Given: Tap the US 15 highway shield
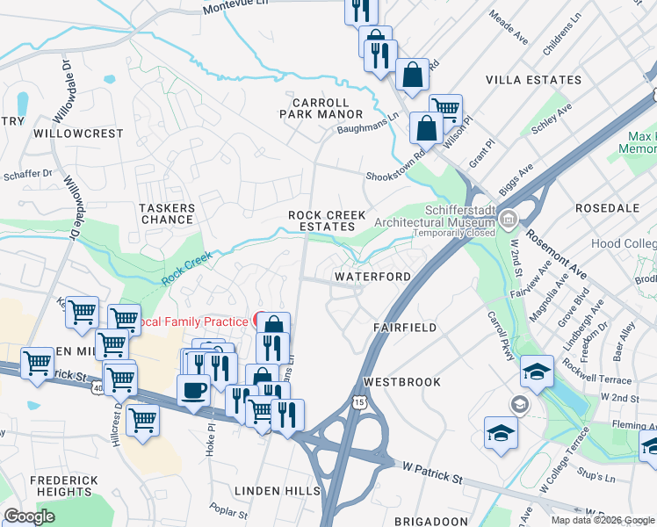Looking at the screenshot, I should [x=358, y=401].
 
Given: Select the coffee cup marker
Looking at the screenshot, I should [x=193, y=390].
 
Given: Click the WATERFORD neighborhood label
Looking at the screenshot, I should [x=372, y=277].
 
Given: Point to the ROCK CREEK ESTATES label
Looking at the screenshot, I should [x=326, y=220].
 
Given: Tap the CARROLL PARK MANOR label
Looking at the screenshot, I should [x=321, y=108].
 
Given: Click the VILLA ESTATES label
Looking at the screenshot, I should [x=533, y=80].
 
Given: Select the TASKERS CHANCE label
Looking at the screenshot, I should [x=167, y=213].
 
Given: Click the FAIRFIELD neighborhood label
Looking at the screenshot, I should [x=404, y=327].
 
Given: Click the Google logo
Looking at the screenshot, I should [x=30, y=516].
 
